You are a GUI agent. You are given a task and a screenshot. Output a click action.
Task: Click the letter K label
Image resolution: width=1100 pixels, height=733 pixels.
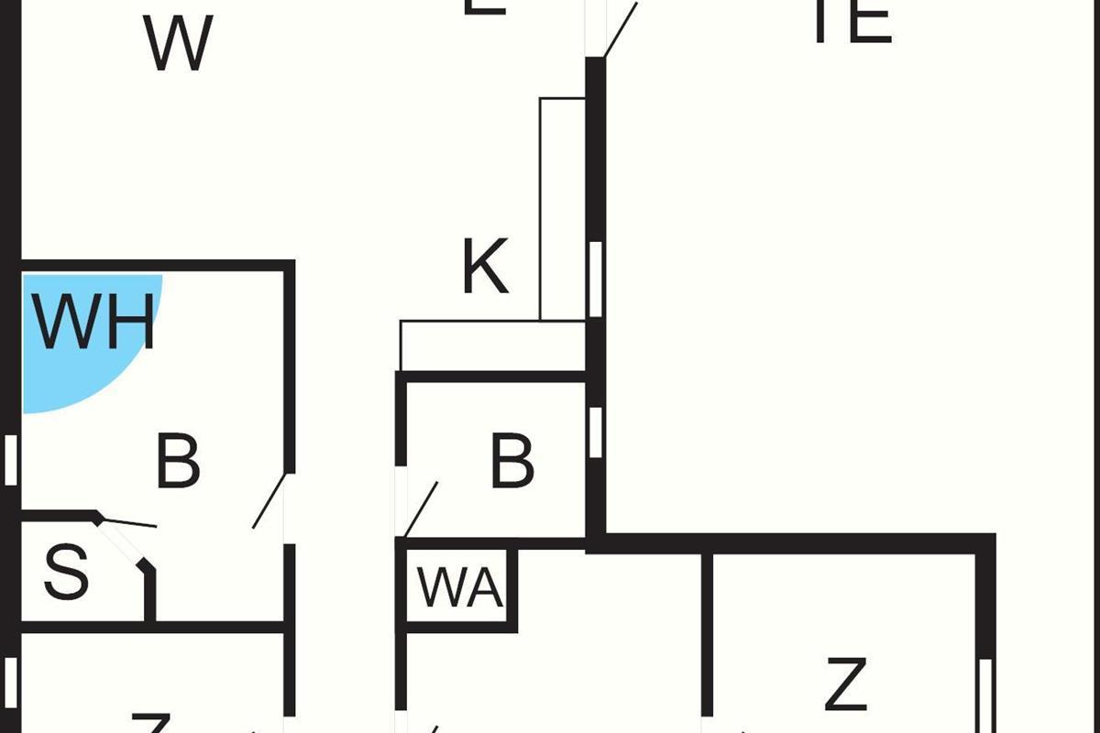tap(484, 268)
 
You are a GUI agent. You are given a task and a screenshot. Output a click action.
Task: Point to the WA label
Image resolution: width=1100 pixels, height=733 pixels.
tap(460, 588)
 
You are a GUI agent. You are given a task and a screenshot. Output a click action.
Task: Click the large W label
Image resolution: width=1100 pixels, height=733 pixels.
tap(179, 43)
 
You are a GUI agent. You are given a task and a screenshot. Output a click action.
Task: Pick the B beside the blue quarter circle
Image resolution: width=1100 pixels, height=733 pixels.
tap(178, 463)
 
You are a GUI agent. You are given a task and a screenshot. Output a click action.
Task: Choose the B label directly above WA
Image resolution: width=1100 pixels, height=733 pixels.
tap(511, 463)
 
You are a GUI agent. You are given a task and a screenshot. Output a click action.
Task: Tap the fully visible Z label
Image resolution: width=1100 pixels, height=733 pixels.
tap(845, 684)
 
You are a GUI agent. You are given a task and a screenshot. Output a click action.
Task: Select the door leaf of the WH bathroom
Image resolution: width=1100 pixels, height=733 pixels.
tap(270, 500)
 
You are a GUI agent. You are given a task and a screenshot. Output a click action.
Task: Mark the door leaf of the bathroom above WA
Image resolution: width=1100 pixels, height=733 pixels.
tap(421, 509)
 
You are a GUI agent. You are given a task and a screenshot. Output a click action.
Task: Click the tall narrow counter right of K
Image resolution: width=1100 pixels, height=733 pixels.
tap(562, 209)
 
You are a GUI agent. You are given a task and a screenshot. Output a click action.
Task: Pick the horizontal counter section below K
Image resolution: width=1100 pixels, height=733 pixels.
tap(492, 345)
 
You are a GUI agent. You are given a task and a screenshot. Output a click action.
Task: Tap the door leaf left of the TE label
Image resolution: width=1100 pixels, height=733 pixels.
tap(621, 27)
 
